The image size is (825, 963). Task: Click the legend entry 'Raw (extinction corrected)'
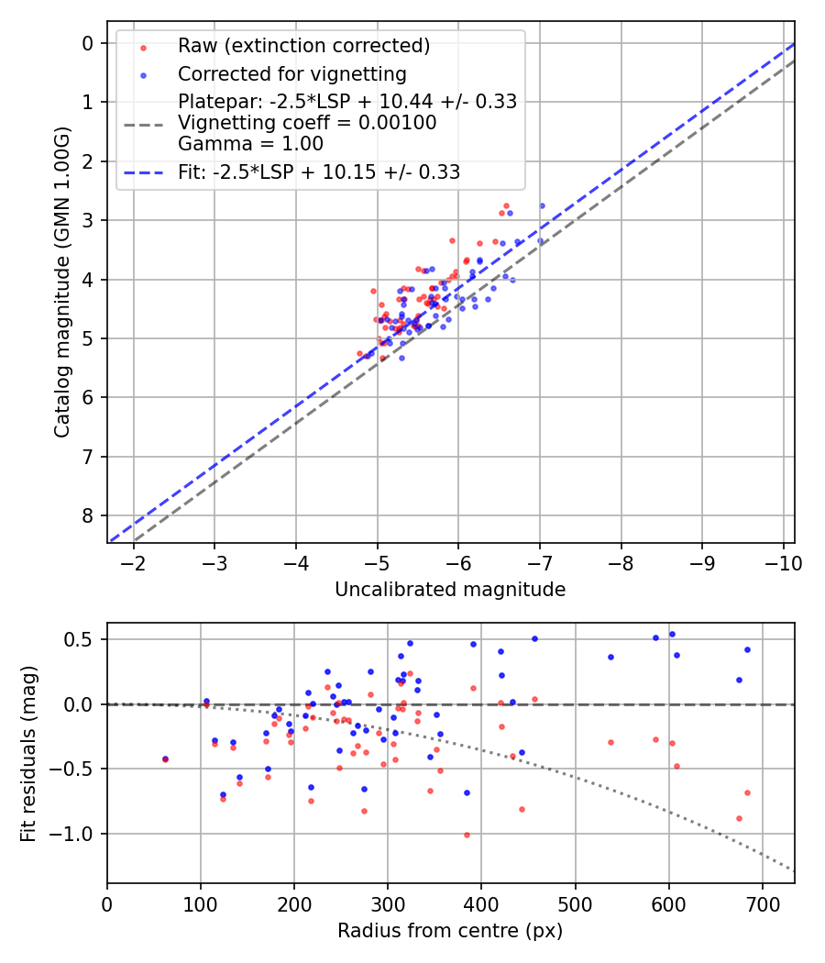(303, 46)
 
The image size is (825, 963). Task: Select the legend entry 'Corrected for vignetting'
(291, 73)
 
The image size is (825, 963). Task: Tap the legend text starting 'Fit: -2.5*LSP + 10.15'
(319, 172)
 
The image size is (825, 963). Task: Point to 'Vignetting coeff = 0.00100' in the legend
(307, 122)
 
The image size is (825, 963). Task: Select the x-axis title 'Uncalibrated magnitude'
(450, 590)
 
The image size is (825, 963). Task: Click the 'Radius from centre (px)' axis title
(450, 931)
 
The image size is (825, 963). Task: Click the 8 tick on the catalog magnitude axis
(88, 515)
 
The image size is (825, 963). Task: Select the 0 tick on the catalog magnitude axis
(88, 43)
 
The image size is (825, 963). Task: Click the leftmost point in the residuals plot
(165, 759)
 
